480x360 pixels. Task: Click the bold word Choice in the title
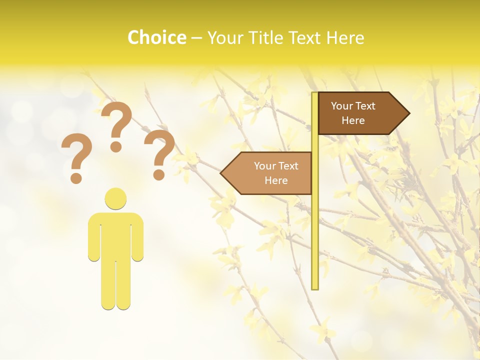click(x=156, y=37)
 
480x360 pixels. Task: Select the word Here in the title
click(x=345, y=37)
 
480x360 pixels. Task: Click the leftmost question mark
click(x=76, y=156)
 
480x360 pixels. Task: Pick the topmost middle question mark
click(x=116, y=125)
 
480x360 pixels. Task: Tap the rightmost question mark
click(x=159, y=153)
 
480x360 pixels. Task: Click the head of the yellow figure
click(x=115, y=198)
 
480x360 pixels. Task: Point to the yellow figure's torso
click(x=115, y=235)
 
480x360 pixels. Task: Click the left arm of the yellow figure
click(x=93, y=237)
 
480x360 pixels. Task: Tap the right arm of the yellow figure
click(x=138, y=237)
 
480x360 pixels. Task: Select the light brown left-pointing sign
click(x=270, y=173)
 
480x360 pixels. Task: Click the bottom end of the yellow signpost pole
click(x=315, y=287)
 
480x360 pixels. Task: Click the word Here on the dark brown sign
click(x=353, y=120)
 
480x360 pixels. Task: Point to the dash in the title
click(x=196, y=38)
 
